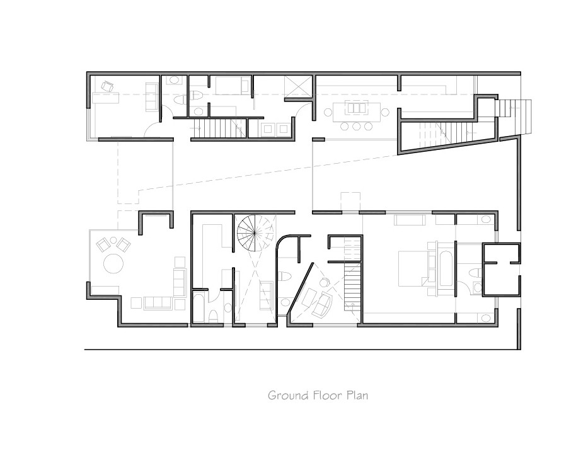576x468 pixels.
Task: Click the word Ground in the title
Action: (288, 396)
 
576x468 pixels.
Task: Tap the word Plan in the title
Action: (357, 396)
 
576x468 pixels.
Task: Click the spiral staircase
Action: (255, 232)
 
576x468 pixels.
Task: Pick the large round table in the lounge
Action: (113, 263)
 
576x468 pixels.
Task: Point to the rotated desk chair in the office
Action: (108, 87)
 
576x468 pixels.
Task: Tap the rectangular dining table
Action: (356, 111)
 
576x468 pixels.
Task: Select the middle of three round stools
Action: (356, 126)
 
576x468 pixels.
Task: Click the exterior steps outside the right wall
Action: (513, 116)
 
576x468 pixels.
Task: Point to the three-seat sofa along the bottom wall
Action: (158, 303)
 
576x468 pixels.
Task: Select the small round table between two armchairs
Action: (113, 241)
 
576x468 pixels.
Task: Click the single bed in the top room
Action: (231, 86)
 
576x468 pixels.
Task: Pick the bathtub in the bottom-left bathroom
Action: (199, 308)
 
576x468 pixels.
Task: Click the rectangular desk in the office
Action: (105, 98)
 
